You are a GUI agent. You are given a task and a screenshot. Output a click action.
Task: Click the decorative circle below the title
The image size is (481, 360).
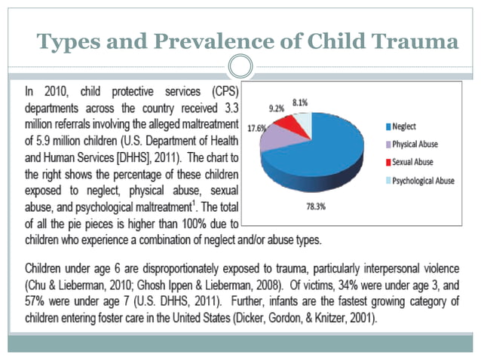pos(240,66)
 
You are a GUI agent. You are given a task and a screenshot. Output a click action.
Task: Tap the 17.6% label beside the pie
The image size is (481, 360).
pos(256,129)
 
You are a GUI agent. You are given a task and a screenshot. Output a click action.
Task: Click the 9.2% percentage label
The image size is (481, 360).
pos(277,108)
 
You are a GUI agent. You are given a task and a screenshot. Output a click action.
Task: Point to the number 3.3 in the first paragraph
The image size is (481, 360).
pos(230,108)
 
